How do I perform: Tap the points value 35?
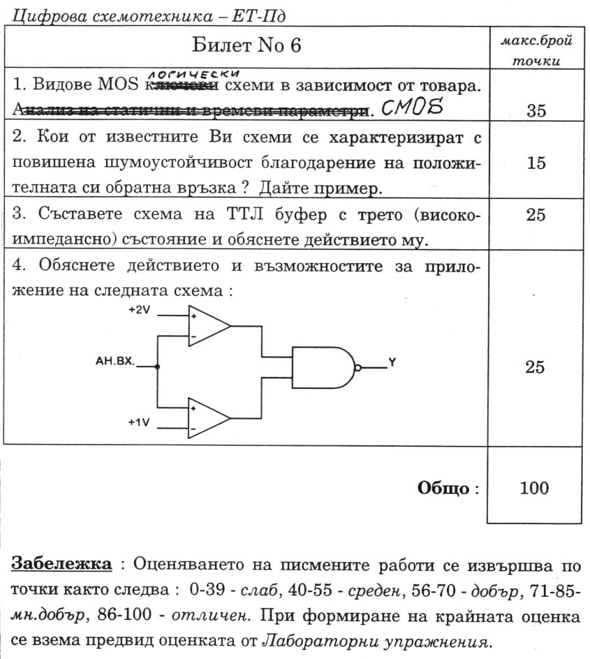click(x=536, y=110)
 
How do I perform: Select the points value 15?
click(x=536, y=163)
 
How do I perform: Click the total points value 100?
click(x=535, y=488)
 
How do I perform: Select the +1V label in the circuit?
click(x=139, y=422)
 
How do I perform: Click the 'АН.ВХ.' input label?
click(x=115, y=363)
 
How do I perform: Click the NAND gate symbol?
click(x=323, y=367)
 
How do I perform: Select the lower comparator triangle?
click(x=207, y=417)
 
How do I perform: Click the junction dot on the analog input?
click(x=157, y=366)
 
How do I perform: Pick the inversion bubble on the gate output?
click(x=358, y=367)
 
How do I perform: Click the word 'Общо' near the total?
click(x=443, y=488)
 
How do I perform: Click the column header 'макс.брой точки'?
click(x=536, y=51)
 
